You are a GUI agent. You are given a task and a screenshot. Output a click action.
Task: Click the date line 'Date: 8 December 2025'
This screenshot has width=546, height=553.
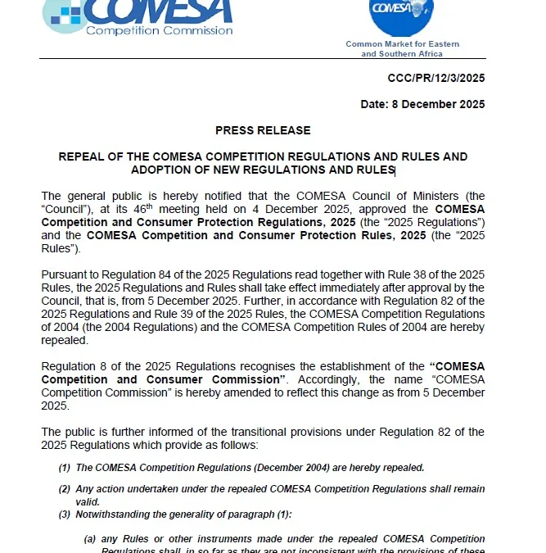tap(422, 104)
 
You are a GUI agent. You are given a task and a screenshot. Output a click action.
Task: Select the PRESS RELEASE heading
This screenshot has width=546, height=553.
tap(263, 130)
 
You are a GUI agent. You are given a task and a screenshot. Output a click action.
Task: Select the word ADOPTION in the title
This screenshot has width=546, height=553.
tap(161, 170)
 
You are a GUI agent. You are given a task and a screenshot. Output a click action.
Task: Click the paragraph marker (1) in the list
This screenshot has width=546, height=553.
tap(64, 468)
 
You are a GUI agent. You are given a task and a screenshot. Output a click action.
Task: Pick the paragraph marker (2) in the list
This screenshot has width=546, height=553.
tap(64, 489)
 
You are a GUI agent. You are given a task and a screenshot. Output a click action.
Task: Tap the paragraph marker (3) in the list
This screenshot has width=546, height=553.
tap(64, 514)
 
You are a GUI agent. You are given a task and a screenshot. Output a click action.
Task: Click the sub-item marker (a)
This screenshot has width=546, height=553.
tap(91, 539)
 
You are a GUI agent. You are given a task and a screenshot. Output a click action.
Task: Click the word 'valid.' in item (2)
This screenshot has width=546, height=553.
tap(88, 501)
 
